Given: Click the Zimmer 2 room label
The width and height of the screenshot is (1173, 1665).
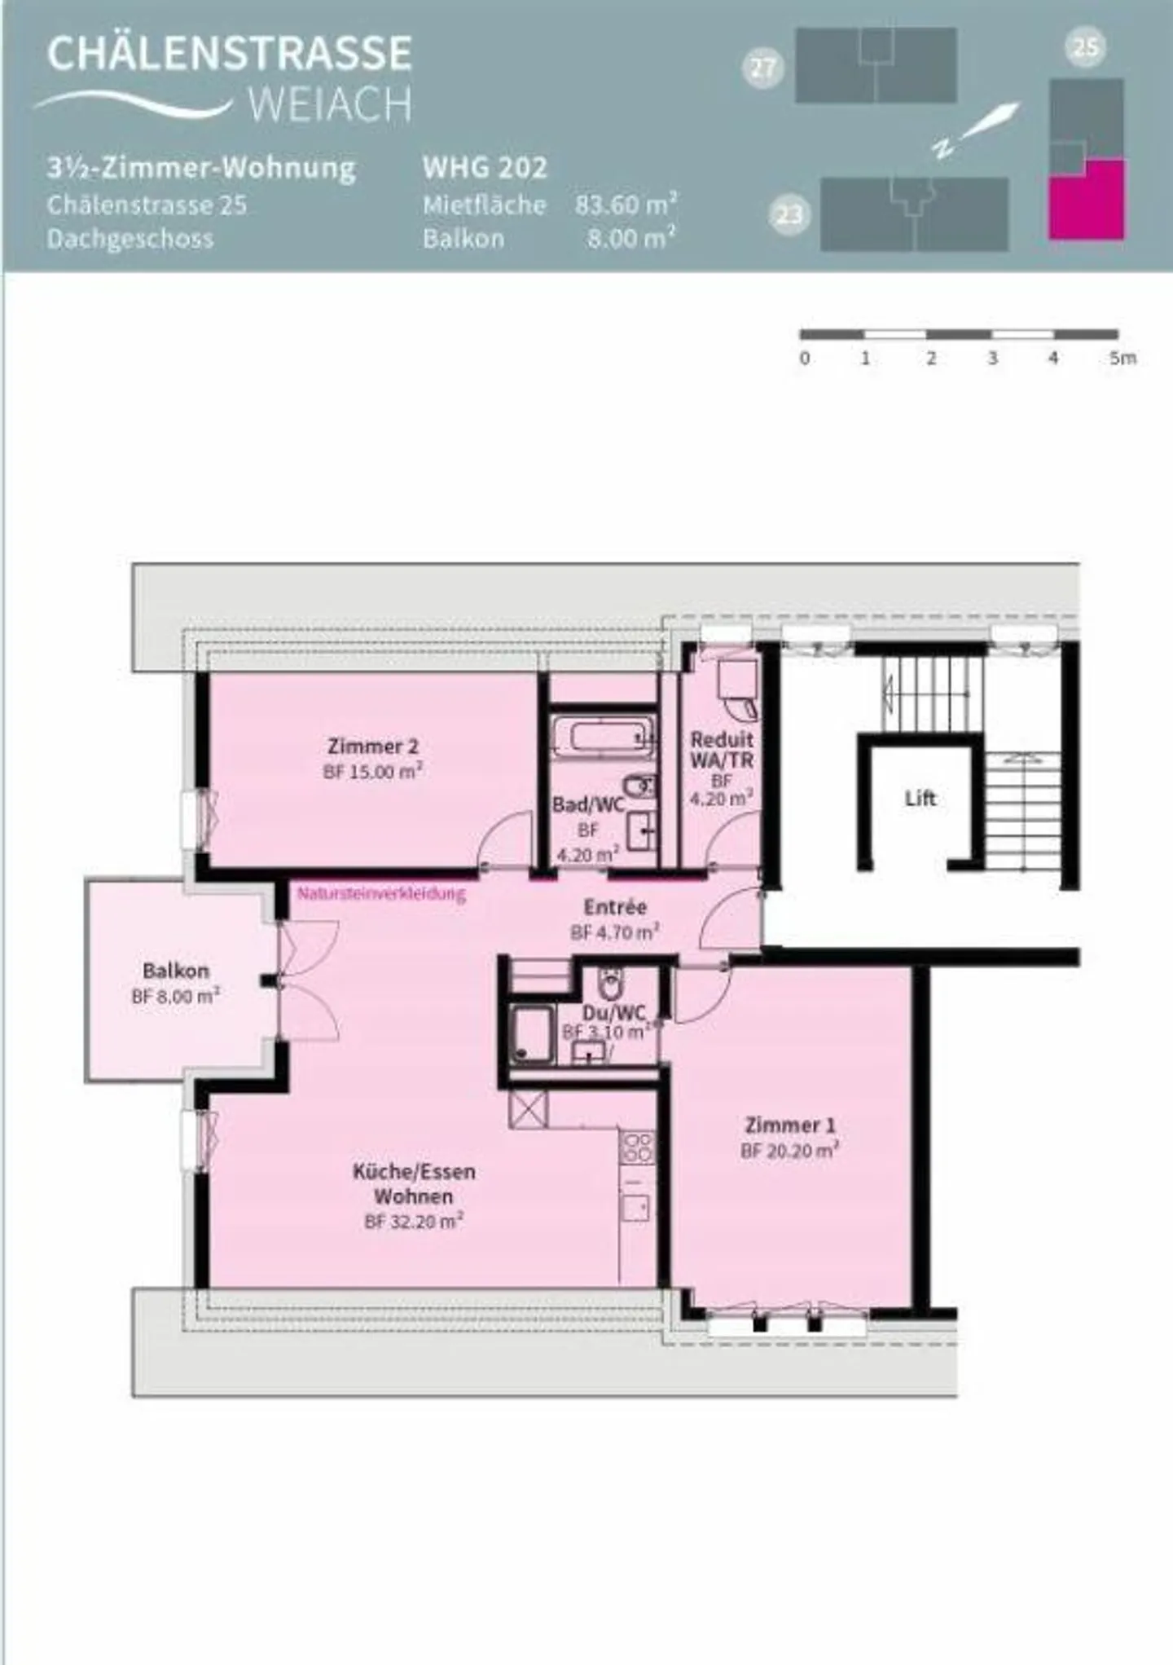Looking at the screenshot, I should coord(372,746).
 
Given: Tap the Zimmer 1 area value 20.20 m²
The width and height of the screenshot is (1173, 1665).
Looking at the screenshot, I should coord(789,1151).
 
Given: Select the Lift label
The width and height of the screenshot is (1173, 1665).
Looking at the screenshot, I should coord(920,799).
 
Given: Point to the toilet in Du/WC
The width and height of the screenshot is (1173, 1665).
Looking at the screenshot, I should coord(609,984).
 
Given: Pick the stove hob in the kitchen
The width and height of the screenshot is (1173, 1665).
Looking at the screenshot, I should coord(636,1147).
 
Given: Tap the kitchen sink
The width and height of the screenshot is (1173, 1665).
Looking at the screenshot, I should coord(635,1206).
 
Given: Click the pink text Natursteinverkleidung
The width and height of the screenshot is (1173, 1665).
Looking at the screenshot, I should coord(380,893).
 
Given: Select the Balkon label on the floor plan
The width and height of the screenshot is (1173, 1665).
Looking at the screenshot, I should coord(175,971).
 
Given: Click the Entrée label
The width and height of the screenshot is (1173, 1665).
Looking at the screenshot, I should coord(615,907).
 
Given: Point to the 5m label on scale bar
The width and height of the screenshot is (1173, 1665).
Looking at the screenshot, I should coord(1122,358).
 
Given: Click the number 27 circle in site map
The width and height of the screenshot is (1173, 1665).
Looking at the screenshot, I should coord(762,68).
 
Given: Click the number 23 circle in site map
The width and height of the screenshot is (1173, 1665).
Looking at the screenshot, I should coord(789,215).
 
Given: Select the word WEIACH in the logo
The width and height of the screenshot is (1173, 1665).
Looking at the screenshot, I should coord(329,105).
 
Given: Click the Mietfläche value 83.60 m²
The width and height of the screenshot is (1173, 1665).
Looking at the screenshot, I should coord(626,205).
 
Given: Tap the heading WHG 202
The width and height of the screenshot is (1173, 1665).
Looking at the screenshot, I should coord(484,168).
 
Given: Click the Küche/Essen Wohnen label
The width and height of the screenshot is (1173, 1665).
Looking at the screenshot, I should coord(413,1183).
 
